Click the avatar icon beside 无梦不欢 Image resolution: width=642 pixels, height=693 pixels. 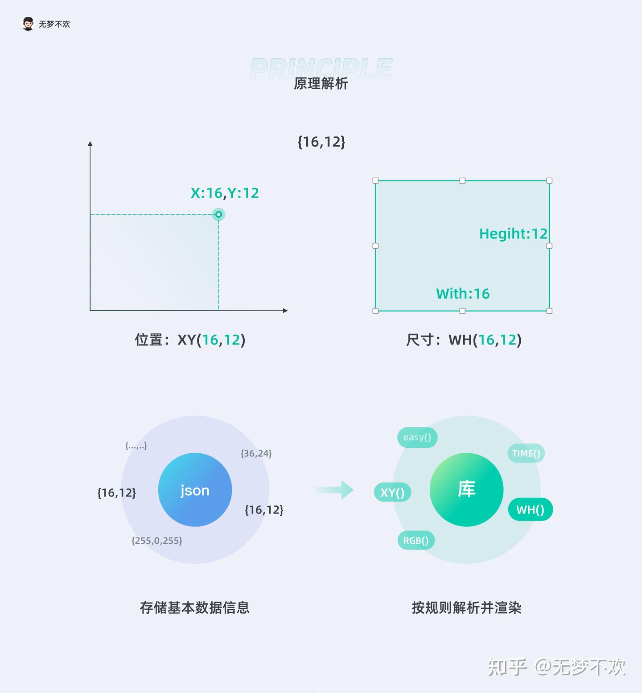click(x=28, y=24)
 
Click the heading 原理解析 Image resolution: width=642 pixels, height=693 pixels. click(x=321, y=83)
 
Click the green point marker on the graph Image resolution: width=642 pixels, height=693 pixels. click(x=218, y=214)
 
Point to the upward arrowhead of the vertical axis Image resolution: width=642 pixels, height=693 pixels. click(x=90, y=144)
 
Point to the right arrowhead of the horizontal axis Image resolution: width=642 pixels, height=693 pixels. click(x=285, y=310)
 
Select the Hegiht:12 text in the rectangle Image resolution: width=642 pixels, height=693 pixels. click(x=513, y=234)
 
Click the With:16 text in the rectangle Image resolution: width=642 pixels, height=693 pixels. click(x=462, y=294)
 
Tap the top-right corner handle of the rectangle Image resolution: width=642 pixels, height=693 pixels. click(x=549, y=180)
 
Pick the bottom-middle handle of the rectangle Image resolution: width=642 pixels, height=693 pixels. click(x=462, y=311)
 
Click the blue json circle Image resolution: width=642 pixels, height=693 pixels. click(x=195, y=490)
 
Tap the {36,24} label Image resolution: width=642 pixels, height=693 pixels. click(x=256, y=453)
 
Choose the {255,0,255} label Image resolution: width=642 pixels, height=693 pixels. click(x=156, y=541)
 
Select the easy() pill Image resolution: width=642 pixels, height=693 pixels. click(x=417, y=437)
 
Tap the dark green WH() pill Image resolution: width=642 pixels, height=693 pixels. click(x=530, y=509)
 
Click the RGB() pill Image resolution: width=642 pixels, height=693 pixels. click(x=416, y=541)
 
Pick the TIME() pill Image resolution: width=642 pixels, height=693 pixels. click(x=526, y=453)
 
